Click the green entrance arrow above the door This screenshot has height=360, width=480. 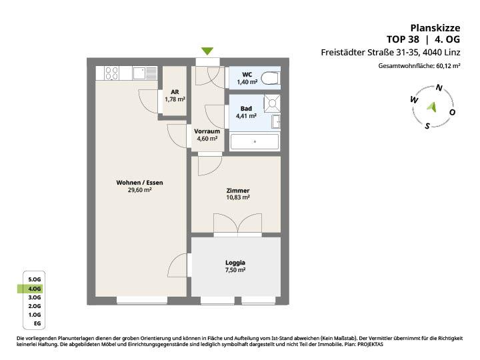tap(207, 51)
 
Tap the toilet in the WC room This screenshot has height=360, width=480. tap(271, 78)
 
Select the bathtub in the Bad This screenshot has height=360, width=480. tap(255, 142)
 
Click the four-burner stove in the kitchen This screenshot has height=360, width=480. tap(111, 73)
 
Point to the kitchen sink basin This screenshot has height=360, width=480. tap(139, 73)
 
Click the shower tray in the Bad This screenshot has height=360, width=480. tap(272, 103)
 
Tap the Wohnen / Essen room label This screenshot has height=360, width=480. tap(139, 183)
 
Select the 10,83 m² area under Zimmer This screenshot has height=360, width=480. tap(238, 197)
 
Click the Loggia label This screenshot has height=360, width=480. tap(235, 263)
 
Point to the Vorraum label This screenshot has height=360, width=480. tap(207, 131)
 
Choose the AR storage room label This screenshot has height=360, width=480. tap(175, 92)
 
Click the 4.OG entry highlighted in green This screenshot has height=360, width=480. tap(34, 289)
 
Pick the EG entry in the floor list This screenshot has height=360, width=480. tap(37, 323)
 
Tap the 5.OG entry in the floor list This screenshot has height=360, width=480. tap(34, 279)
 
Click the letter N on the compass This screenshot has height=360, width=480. tap(439, 88)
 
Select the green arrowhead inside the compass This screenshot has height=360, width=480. tap(432, 107)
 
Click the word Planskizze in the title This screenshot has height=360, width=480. tap(435, 28)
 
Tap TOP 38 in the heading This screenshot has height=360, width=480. tap(403, 39)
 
